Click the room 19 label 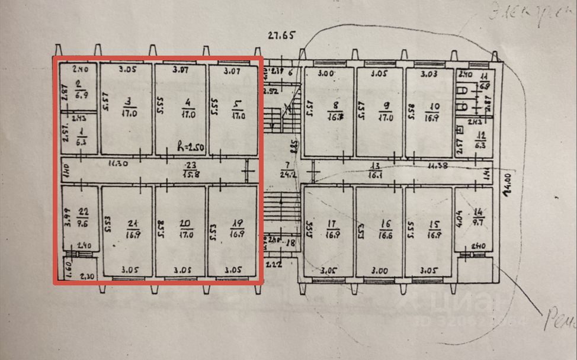coord(238,229)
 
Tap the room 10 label coord(430,111)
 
